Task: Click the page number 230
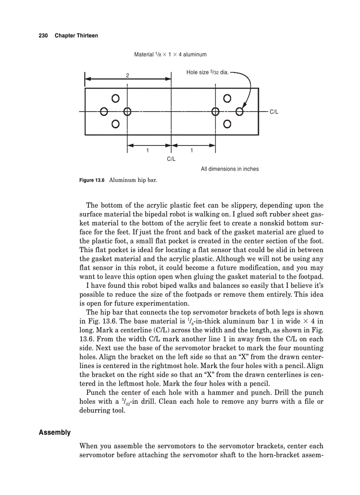tap(43, 35)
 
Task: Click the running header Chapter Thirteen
tap(76, 35)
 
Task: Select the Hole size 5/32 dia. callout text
tap(207, 72)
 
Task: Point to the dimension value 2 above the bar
tap(127, 76)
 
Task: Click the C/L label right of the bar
tap(274, 112)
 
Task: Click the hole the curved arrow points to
tap(240, 111)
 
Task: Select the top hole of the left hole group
tap(116, 98)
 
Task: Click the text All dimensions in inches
tap(229, 169)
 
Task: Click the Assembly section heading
tap(54, 432)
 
